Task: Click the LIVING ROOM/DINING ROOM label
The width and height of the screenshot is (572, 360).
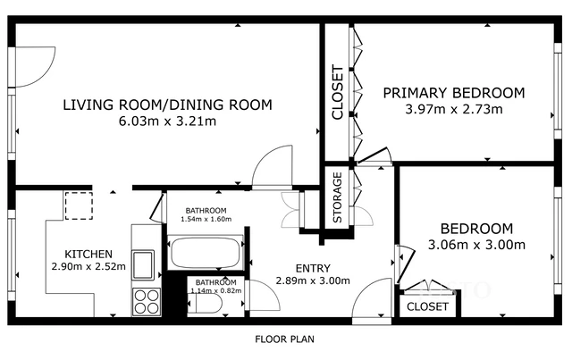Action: pyautogui.click(x=167, y=105)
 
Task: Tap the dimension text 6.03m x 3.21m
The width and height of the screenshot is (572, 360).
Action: pyautogui.click(x=167, y=121)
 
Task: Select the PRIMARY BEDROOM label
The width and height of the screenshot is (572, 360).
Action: pyautogui.click(x=453, y=93)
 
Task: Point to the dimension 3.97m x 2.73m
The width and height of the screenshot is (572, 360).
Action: pyautogui.click(x=453, y=110)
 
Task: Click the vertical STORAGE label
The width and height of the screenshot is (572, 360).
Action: pyautogui.click(x=338, y=199)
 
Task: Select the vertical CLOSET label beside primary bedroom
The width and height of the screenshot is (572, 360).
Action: pyautogui.click(x=338, y=92)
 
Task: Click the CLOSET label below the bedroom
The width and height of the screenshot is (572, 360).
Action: pyautogui.click(x=427, y=306)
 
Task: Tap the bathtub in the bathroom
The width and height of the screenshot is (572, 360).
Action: pyautogui.click(x=204, y=254)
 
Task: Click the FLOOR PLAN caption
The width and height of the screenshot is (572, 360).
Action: pyautogui.click(x=284, y=339)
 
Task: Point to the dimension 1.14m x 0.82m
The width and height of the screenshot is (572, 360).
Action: pyautogui.click(x=216, y=289)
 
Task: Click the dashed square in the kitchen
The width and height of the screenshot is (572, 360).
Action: pyautogui.click(x=78, y=205)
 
